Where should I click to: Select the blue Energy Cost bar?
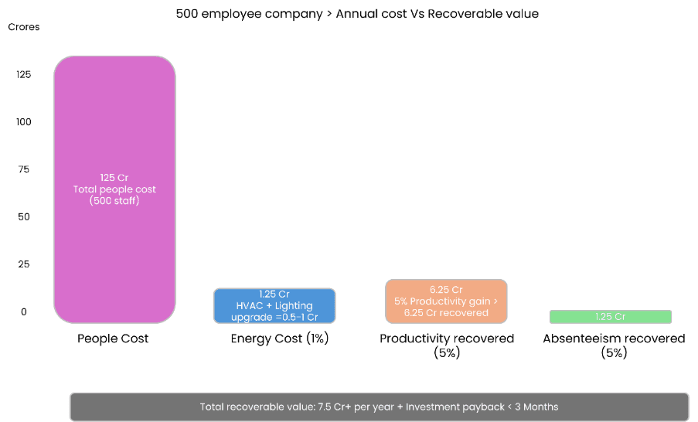click(274, 305)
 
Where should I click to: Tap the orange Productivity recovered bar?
click(446, 301)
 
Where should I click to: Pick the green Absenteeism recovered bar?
click(610, 316)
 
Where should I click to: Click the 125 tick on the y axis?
click(23, 74)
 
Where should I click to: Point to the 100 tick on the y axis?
click(23, 122)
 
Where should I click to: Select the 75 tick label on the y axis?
click(23, 169)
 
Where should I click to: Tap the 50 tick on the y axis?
click(23, 217)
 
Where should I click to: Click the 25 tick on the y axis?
click(23, 264)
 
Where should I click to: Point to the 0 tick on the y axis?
click(23, 311)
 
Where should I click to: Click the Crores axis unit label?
click(23, 27)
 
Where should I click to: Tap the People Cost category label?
click(113, 339)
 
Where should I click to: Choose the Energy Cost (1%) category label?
click(280, 339)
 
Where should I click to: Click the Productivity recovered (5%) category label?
click(446, 345)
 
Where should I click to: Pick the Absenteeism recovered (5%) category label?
click(614, 345)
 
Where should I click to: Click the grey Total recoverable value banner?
click(379, 407)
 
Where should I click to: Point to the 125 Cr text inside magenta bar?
click(114, 177)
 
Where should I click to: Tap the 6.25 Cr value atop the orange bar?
click(446, 289)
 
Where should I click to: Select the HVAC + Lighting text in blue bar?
click(274, 306)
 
